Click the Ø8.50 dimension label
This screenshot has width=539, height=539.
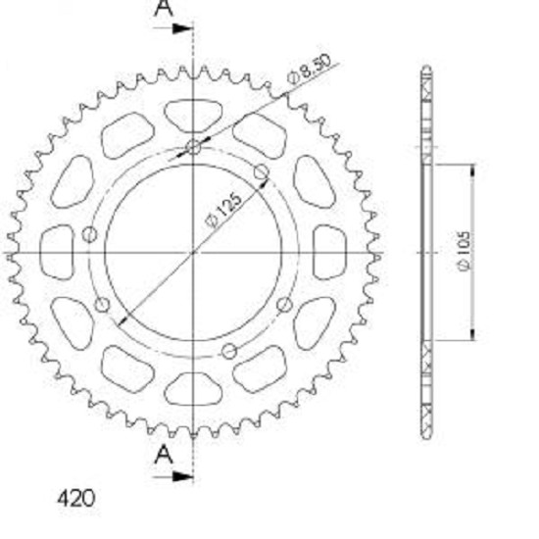(x=310, y=69)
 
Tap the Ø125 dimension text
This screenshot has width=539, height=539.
(x=223, y=211)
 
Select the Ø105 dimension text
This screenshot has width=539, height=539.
(x=465, y=251)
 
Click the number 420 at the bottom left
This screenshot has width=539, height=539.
(x=75, y=498)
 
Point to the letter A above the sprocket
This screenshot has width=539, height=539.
(x=164, y=8)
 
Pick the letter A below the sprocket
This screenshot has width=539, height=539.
(x=164, y=454)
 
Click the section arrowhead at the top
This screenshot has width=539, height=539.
(x=182, y=28)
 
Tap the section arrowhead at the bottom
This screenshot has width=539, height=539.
(x=182, y=476)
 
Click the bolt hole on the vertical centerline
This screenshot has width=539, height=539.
(x=193, y=148)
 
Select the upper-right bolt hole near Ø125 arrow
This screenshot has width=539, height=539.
(x=262, y=171)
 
